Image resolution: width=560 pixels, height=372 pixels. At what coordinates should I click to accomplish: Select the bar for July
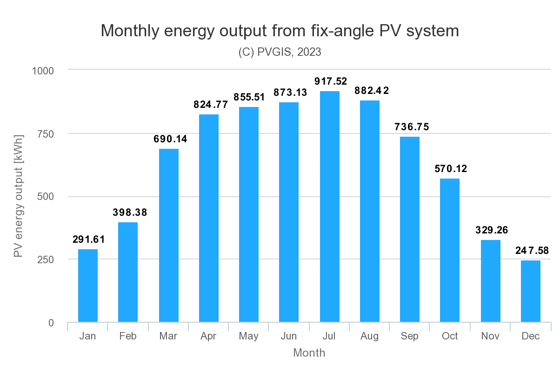[329, 206]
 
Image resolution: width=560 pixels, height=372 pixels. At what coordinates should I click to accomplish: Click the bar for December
[530, 291]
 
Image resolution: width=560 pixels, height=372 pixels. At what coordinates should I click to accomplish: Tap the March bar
[168, 235]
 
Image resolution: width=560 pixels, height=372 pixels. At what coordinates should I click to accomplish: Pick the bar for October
[450, 250]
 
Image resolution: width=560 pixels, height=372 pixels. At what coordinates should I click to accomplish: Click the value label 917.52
[331, 81]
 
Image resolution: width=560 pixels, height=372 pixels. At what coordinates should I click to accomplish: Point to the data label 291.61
[88, 240]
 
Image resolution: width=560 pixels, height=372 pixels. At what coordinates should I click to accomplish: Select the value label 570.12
[451, 169]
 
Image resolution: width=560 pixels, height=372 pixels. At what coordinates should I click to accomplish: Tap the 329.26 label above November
[491, 230]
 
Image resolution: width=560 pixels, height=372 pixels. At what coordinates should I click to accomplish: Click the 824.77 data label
[211, 105]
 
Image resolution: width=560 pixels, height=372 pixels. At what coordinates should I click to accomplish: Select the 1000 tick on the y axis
[43, 71]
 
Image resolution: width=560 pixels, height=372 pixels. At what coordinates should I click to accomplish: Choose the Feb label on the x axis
[127, 336]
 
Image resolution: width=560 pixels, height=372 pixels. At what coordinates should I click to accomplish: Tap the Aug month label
[369, 336]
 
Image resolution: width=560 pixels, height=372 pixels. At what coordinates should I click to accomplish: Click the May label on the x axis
[248, 336]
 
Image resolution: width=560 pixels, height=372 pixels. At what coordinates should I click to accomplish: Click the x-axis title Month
[309, 353]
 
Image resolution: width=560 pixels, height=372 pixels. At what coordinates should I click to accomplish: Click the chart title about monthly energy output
[280, 31]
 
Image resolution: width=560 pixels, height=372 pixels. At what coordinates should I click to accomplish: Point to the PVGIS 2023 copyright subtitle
[280, 52]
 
